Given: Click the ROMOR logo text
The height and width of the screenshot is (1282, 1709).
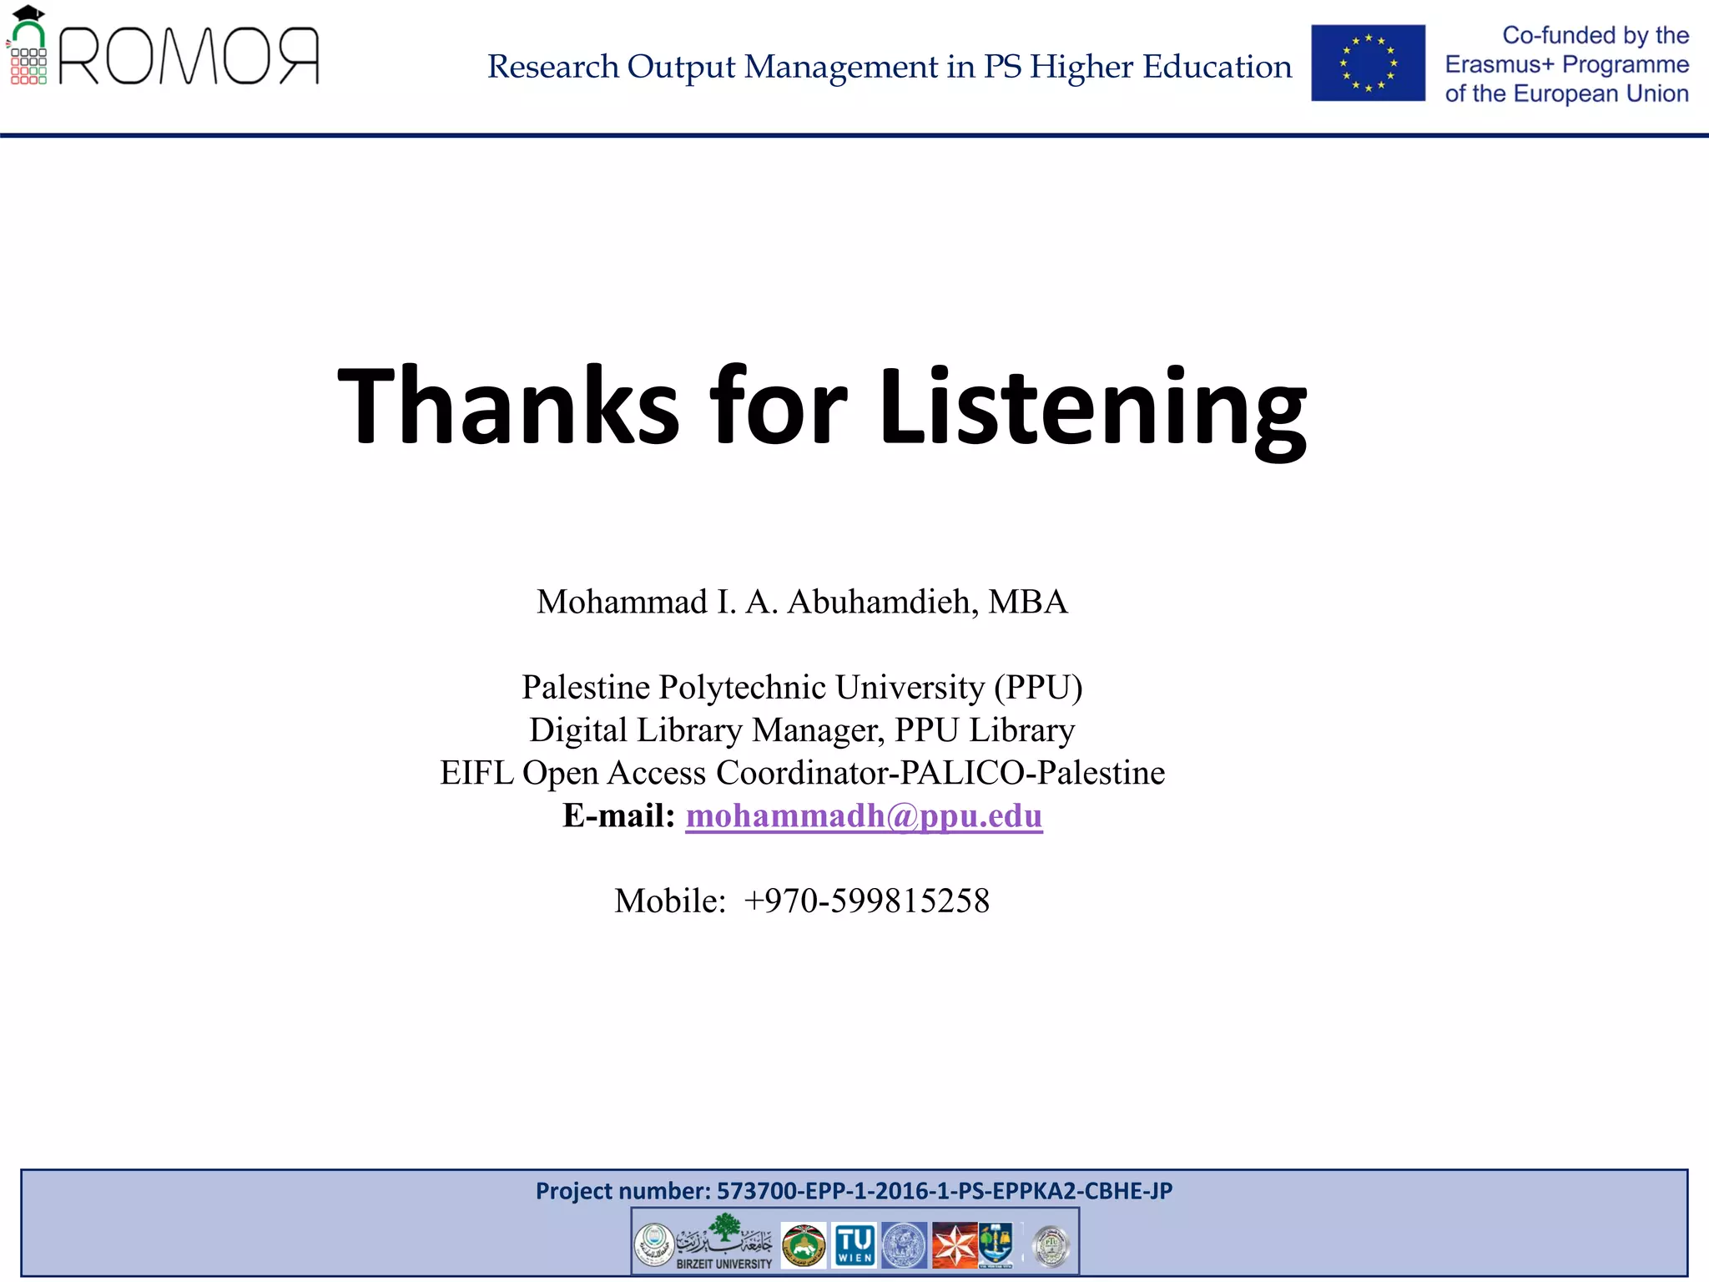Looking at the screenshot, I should click(189, 57).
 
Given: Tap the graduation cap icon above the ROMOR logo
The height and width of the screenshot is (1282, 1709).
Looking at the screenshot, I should click(28, 13).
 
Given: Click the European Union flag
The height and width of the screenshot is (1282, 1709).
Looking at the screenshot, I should click(1368, 63).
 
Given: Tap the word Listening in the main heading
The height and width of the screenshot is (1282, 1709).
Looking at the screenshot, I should click(1092, 406).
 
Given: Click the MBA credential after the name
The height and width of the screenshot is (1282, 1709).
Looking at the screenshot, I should click(1028, 602).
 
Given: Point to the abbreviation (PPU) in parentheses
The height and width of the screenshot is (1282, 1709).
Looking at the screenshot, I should click(1038, 687).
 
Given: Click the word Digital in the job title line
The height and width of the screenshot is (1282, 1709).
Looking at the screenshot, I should click(578, 730).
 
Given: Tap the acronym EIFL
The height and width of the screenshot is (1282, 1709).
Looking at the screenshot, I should click(476, 773).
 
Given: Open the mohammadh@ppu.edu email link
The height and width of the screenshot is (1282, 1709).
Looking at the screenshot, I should click(864, 816).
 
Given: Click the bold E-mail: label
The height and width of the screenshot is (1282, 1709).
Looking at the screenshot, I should click(618, 816).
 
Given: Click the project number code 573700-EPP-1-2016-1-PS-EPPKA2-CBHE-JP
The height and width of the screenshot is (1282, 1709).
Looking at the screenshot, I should click(945, 1191).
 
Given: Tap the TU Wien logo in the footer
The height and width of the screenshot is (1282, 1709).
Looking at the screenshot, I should click(854, 1245).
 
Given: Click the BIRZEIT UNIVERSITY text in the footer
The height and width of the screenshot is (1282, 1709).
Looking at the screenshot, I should click(724, 1264).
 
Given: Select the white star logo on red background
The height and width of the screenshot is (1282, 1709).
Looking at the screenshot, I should click(954, 1245).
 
